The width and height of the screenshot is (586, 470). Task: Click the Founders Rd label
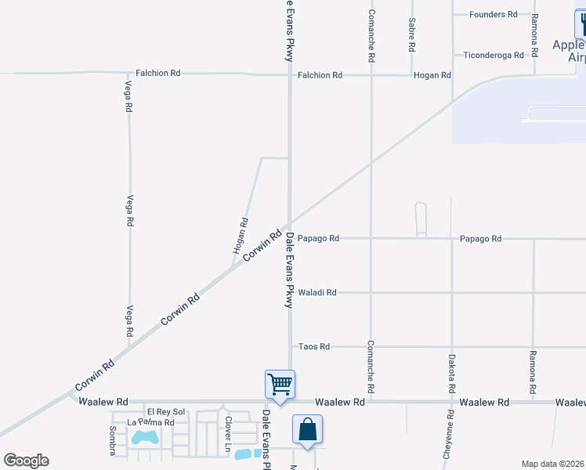(494, 14)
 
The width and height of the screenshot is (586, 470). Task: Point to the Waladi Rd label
(317, 292)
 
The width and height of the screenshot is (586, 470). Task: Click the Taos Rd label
(314, 346)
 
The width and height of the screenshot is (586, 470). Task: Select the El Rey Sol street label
(166, 411)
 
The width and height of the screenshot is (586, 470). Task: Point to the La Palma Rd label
(150, 422)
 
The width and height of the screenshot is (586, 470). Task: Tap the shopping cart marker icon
(280, 384)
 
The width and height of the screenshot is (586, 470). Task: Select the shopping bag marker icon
(307, 429)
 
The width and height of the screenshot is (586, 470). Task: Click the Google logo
(26, 461)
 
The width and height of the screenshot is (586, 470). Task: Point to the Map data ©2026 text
(553, 464)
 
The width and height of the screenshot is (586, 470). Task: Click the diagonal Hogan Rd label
(241, 235)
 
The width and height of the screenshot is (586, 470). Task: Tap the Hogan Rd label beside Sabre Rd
(432, 75)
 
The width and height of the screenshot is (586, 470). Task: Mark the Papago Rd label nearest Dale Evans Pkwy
(318, 238)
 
